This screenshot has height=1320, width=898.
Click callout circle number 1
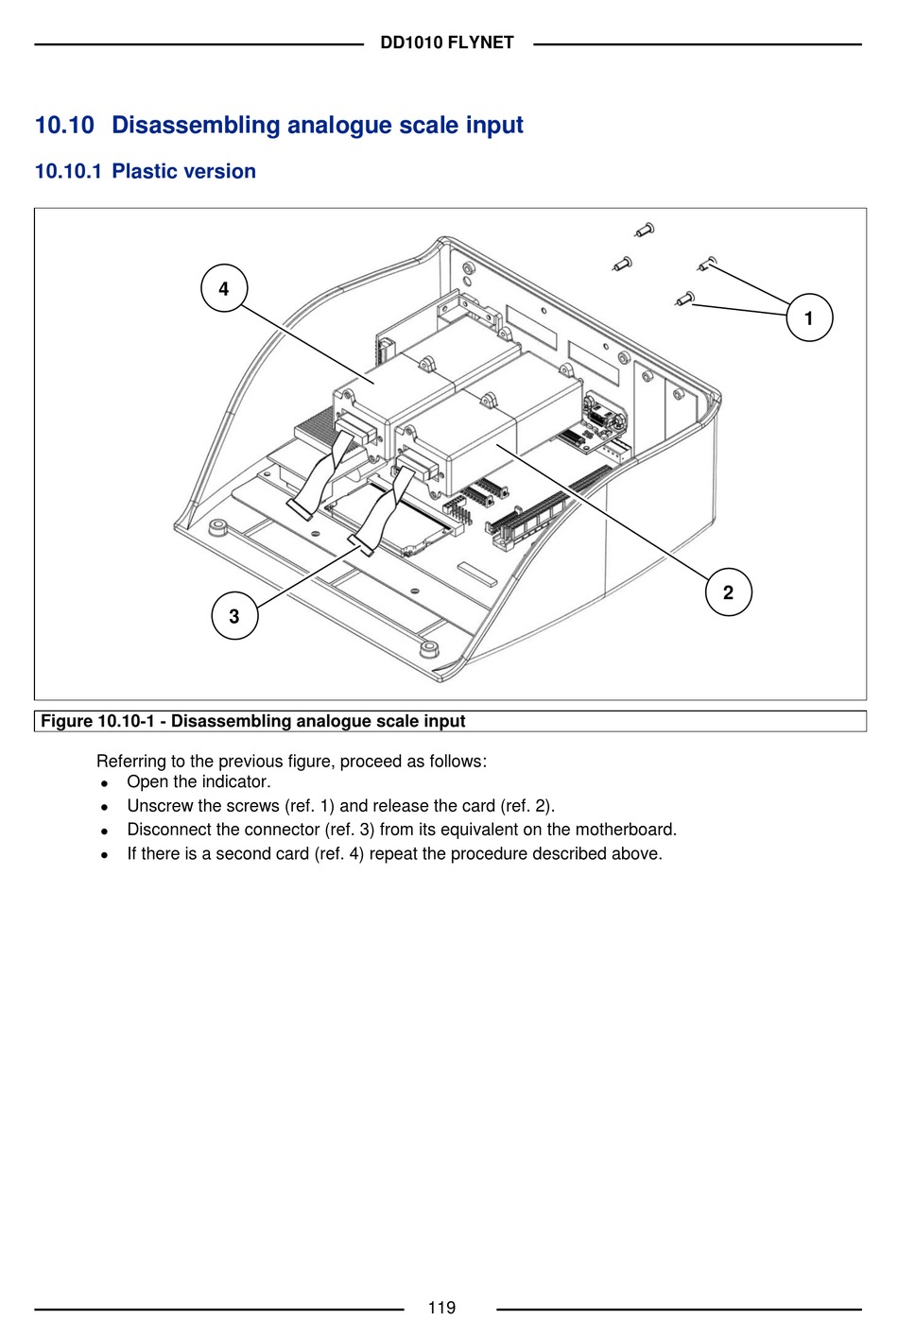tap(809, 317)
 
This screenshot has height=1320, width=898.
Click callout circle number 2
tap(728, 592)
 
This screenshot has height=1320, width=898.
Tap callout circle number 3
tap(234, 616)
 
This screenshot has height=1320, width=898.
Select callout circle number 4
tap(224, 288)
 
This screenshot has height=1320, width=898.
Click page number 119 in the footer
tap(441, 1308)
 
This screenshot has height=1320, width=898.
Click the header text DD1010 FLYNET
tap(447, 43)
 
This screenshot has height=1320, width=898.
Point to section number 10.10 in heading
tap(64, 125)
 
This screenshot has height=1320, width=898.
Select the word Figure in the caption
tap(66, 721)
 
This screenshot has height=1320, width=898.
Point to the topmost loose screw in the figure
tap(646, 229)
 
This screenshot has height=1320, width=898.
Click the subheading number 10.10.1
tap(67, 171)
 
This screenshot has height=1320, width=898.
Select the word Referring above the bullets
tap(131, 761)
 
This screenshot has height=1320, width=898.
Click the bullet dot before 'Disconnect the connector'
tap(105, 831)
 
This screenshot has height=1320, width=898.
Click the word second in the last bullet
tap(243, 853)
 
